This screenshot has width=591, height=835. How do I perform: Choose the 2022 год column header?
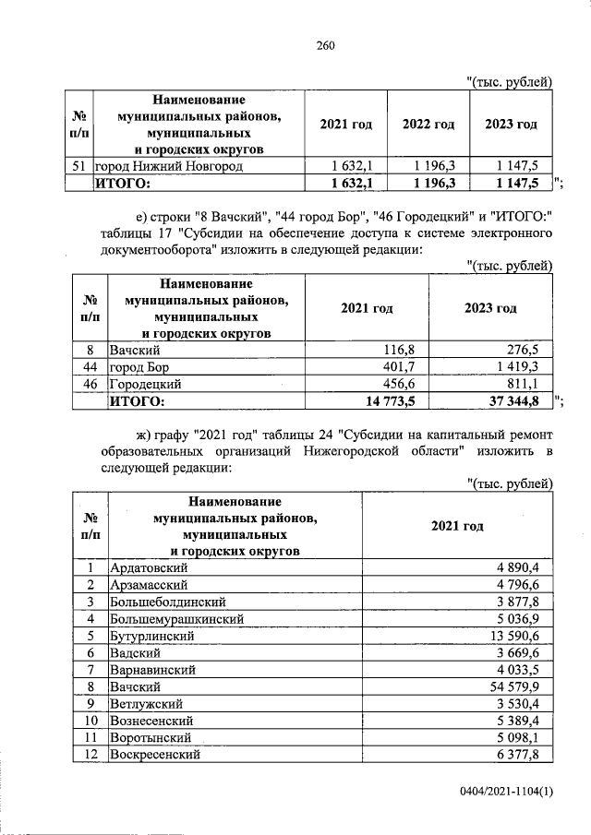(x=428, y=125)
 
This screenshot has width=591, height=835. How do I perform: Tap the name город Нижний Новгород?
(x=171, y=166)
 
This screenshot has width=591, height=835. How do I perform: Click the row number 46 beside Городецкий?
(x=90, y=384)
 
